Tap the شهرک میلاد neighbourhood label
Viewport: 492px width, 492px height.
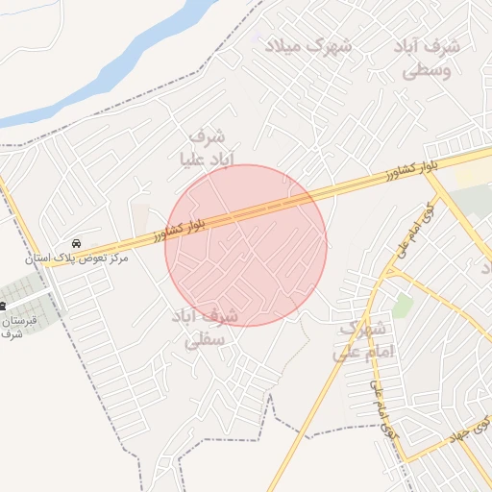point(308,46)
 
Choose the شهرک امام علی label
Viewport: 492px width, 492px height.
point(363,340)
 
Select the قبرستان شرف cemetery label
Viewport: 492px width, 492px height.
point(16,326)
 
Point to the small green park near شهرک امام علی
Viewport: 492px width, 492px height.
point(403,306)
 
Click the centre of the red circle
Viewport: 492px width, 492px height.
point(246,245)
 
